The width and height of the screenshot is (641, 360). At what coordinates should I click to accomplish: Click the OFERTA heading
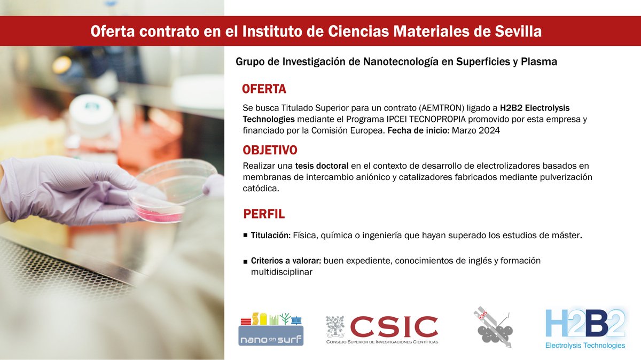point(264,89)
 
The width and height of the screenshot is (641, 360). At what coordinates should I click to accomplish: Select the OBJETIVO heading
point(270,150)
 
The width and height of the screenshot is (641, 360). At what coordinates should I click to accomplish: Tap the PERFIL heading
point(264,214)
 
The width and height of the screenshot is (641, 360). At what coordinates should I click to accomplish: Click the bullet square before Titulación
point(245,235)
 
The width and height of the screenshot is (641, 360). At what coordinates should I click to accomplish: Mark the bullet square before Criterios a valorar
point(245,261)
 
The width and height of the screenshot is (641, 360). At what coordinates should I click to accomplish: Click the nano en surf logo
point(271,328)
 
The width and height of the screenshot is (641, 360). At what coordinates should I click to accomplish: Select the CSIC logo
point(382,329)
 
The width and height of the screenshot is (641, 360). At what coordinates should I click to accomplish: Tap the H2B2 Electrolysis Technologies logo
point(585,328)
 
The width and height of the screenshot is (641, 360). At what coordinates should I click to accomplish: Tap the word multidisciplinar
point(282,272)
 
